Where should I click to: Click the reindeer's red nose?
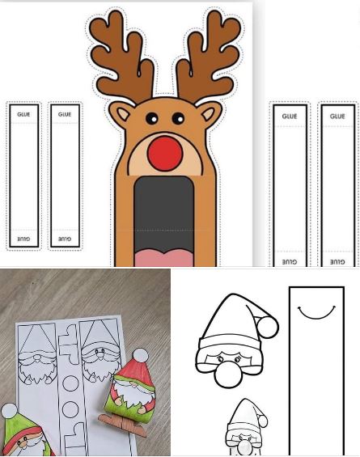point(165,154)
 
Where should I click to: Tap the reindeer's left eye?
point(151,118)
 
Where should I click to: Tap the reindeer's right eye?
point(178,118)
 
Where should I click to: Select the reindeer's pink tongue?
point(164,258)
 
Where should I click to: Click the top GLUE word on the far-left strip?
point(23,114)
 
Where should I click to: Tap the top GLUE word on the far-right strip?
point(337,116)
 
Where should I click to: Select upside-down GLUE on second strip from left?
point(65,239)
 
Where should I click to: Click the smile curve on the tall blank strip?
point(316,312)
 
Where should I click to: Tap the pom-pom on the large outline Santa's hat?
point(267,327)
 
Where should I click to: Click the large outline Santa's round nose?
point(227,374)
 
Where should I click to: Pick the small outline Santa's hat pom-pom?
point(262,421)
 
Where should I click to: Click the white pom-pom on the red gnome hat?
point(140,355)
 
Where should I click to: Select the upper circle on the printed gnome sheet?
point(70,383)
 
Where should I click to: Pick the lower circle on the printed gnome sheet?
point(70,409)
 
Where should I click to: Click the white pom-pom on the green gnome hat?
point(9,411)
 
